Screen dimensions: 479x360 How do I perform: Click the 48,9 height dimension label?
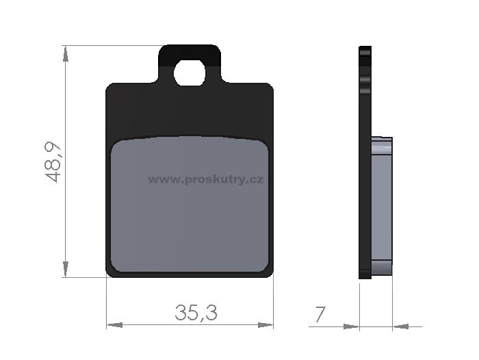click(x=53, y=162)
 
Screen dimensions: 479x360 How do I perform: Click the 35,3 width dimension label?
click(x=196, y=313)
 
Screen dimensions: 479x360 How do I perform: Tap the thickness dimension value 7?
click(x=320, y=314)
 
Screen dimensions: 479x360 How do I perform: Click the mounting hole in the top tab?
click(x=190, y=73)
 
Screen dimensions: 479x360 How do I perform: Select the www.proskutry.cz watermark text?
click(x=206, y=180)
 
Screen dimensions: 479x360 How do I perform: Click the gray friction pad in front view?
click(x=190, y=204)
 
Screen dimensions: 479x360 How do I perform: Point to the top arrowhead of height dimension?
click(x=66, y=53)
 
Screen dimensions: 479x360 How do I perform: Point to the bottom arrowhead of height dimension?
click(x=66, y=269)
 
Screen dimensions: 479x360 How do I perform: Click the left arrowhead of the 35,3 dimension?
click(x=114, y=325)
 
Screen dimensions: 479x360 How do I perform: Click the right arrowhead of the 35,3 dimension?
click(x=266, y=325)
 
